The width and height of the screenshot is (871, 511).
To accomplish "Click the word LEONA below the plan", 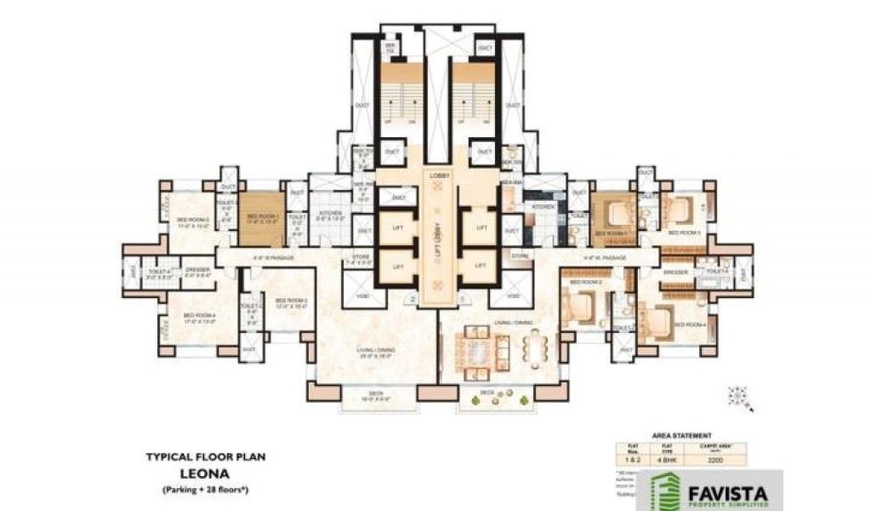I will point(205,474).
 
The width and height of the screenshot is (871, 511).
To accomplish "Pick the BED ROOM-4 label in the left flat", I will point(198,318).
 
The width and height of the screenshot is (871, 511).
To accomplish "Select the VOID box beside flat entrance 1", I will point(514,295).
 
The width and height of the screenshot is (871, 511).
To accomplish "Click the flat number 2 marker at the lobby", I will point(413,301).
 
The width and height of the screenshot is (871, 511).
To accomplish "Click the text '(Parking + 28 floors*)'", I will point(205,491).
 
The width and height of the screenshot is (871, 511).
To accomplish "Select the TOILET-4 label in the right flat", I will point(717,271).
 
